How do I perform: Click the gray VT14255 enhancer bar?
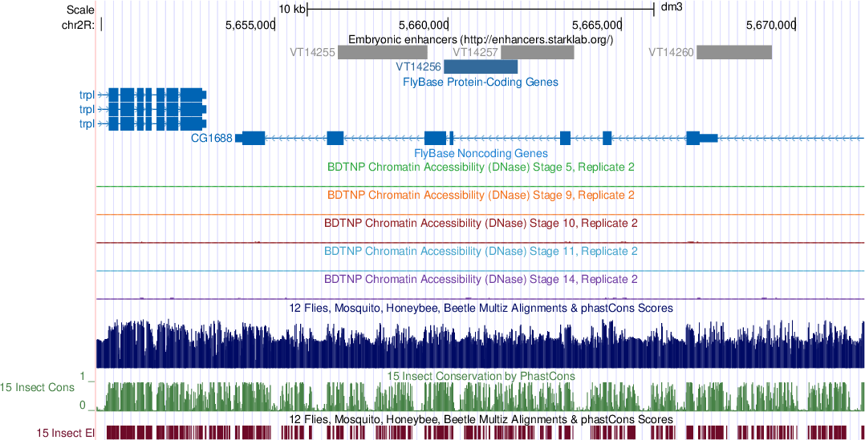point(382,52)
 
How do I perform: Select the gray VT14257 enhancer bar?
point(538,52)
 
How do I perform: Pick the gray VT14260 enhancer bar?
point(733,52)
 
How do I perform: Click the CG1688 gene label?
point(212,138)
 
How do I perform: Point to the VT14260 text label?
point(671,52)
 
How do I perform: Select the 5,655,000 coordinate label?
point(250,25)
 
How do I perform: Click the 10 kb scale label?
point(292,9)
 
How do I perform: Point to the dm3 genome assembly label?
point(671,9)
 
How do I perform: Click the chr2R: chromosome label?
point(78,25)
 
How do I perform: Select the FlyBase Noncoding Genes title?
point(481,153)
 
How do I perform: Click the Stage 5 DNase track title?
point(481,168)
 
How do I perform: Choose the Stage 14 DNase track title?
point(481,280)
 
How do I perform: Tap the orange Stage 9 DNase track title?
point(481,195)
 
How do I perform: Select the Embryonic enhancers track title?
point(481,38)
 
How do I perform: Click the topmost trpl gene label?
point(87,95)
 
